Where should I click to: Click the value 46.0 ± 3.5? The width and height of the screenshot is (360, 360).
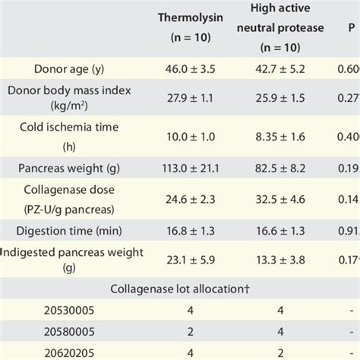[191, 68]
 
